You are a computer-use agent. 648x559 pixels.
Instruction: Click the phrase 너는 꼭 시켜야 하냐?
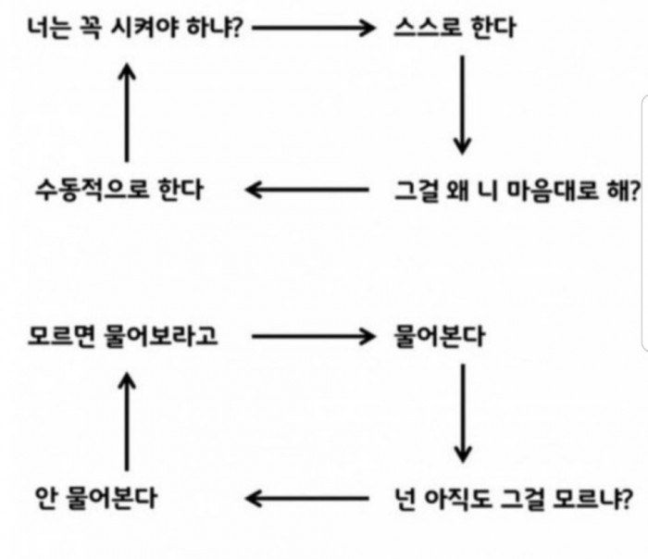click(x=135, y=28)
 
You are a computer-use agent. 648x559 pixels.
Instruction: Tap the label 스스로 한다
click(x=455, y=28)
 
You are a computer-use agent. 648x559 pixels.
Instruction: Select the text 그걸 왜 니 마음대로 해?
click(x=517, y=191)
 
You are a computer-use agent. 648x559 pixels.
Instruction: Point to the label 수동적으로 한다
click(x=119, y=190)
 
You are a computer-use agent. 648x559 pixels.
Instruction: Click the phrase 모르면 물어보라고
click(x=122, y=335)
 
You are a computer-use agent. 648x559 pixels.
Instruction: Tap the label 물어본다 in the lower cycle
click(x=440, y=336)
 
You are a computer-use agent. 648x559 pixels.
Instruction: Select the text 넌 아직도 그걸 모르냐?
click(x=514, y=499)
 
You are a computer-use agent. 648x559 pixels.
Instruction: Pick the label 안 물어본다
click(x=96, y=498)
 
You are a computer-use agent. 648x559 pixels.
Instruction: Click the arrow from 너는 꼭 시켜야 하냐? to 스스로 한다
click(x=314, y=28)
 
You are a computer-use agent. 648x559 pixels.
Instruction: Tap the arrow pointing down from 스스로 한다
click(x=463, y=105)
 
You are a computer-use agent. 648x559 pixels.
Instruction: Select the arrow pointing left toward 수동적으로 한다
click(x=307, y=190)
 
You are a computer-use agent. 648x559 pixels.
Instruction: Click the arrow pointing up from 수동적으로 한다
click(x=127, y=112)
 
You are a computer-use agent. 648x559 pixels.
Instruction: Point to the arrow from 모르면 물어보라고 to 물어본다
click(x=314, y=336)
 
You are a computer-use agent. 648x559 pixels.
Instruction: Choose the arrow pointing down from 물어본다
click(x=463, y=413)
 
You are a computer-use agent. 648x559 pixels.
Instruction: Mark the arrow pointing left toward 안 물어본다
click(x=307, y=498)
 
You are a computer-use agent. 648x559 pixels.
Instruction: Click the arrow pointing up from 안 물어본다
click(x=127, y=421)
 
